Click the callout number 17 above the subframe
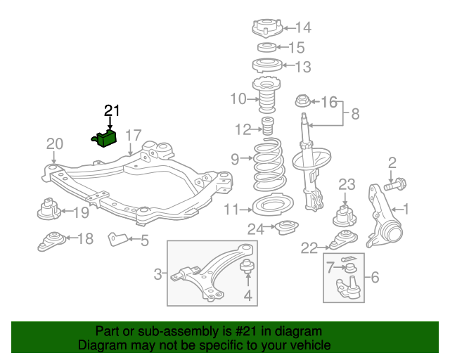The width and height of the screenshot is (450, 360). pyautogui.click(x=134, y=134)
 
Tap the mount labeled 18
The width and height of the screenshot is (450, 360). pyautogui.click(x=51, y=240)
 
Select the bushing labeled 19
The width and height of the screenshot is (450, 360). pyautogui.click(x=48, y=210)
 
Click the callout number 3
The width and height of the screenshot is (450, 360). pyautogui.click(x=158, y=274)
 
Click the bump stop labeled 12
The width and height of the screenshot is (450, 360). pyautogui.click(x=267, y=129)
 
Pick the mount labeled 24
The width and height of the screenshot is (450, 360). pyautogui.click(x=285, y=228)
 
